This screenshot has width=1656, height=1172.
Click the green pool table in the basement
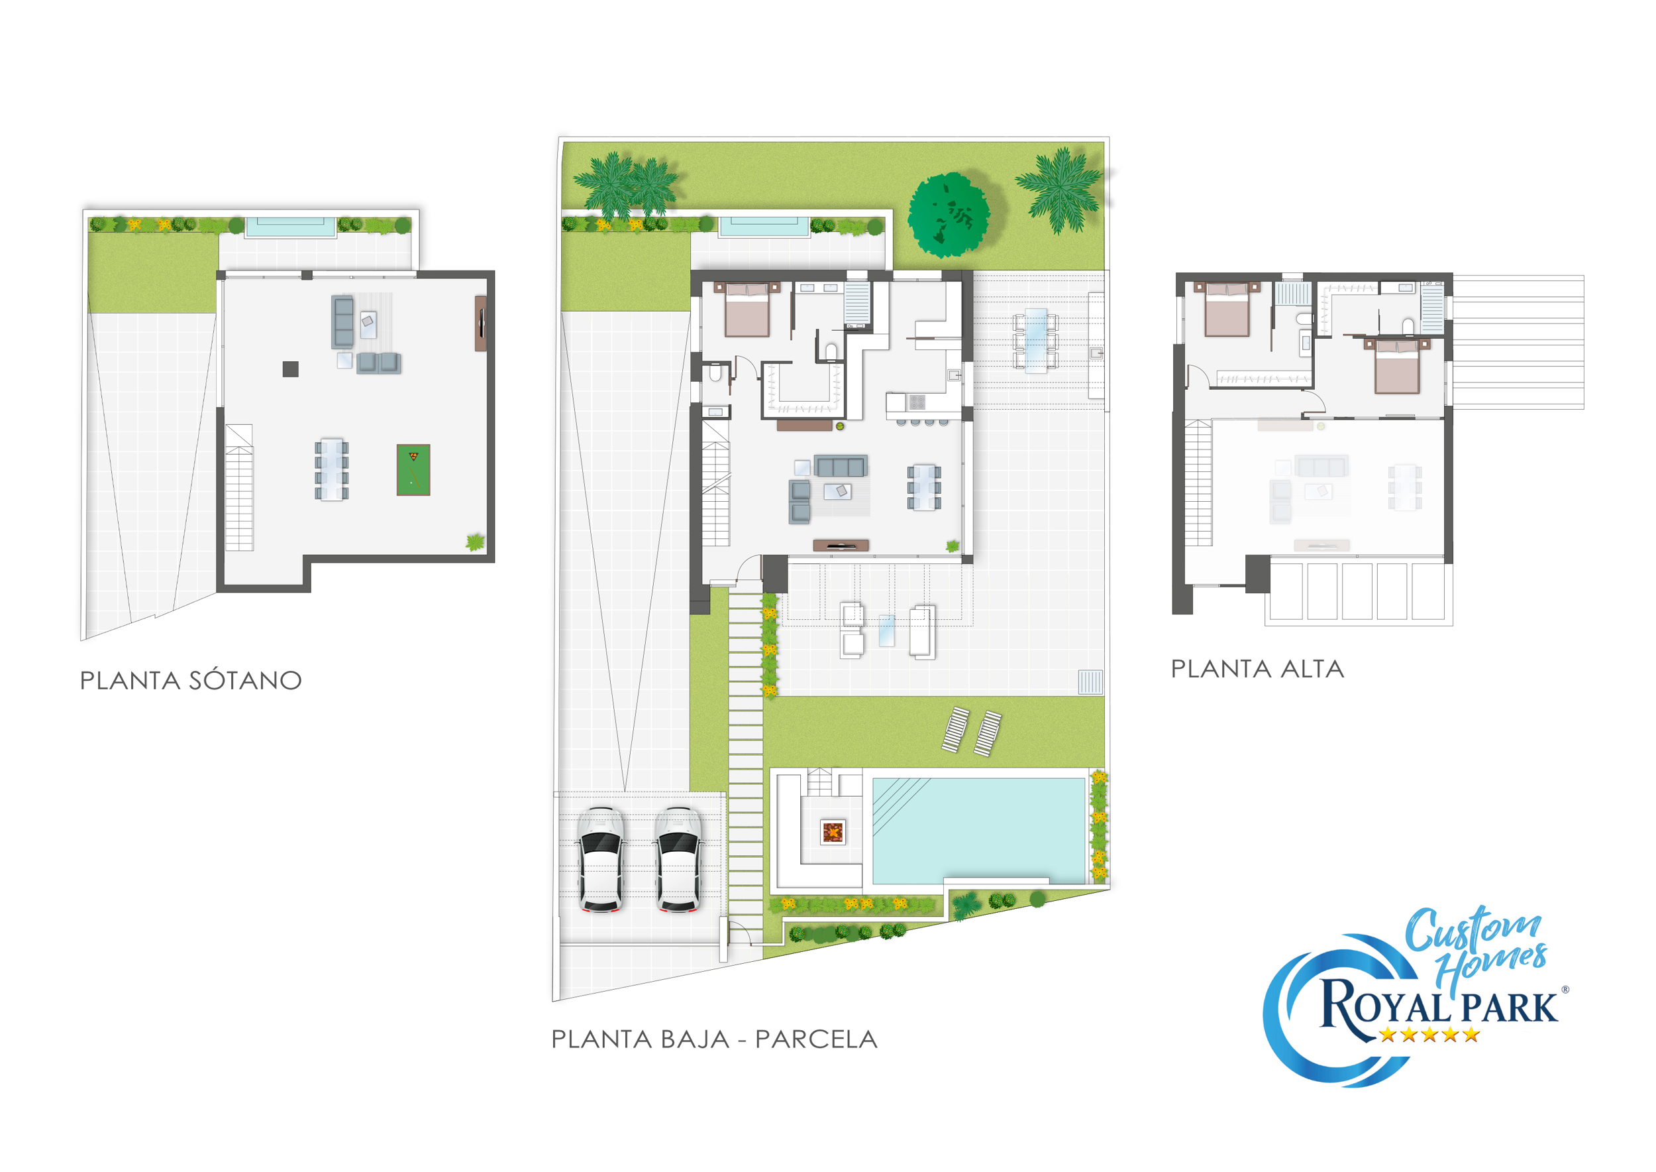pos(413,470)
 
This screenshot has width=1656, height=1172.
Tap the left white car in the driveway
pos(601,860)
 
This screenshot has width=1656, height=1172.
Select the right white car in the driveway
pos(678,860)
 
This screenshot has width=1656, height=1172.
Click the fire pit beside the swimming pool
pos(833,832)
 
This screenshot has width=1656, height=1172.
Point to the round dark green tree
pos(949,214)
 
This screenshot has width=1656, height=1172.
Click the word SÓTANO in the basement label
pos(245,681)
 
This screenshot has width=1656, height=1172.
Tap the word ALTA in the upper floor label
pos(1312,669)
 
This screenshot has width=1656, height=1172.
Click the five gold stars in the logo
pos(1429,1035)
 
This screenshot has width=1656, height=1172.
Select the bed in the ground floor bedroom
pos(747,310)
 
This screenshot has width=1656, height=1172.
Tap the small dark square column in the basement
pos(291,369)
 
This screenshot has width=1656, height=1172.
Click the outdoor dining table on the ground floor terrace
pos(1036,340)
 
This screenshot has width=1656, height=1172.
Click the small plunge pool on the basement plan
pos(291,227)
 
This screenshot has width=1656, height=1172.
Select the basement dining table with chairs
pos(332,469)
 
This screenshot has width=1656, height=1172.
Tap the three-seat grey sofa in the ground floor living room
pos(841,465)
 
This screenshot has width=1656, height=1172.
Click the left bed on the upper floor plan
pos(1227,310)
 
